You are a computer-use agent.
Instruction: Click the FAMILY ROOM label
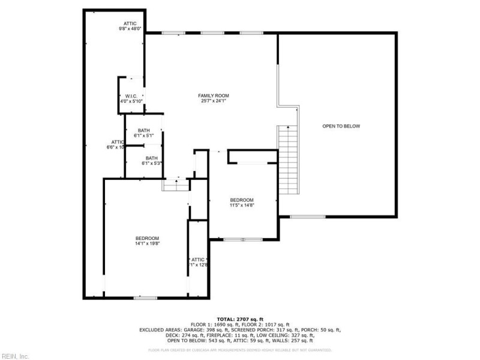tap(214, 95)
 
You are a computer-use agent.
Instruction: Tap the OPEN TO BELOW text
tap(341, 126)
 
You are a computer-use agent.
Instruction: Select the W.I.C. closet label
tap(131, 96)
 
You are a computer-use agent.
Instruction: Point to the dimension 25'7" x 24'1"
tap(214, 101)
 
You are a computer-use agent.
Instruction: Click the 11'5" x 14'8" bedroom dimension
tap(242, 205)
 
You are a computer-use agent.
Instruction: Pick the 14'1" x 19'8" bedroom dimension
tap(147, 243)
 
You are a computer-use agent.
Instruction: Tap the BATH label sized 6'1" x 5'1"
tap(144, 131)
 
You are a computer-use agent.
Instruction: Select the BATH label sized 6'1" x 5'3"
tap(151, 158)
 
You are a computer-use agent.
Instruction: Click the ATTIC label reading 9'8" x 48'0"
tap(130, 23)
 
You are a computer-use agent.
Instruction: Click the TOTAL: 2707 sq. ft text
tap(239, 319)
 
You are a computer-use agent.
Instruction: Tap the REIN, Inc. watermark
tap(15, 356)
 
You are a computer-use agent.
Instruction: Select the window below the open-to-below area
tap(307, 217)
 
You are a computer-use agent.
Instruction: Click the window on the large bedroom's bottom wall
tap(146, 298)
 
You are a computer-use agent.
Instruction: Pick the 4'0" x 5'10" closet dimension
tap(131, 101)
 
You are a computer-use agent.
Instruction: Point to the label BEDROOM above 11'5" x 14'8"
tap(242, 200)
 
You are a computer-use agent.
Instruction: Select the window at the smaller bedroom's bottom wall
tap(242, 240)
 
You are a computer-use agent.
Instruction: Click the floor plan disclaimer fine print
tap(239, 350)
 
